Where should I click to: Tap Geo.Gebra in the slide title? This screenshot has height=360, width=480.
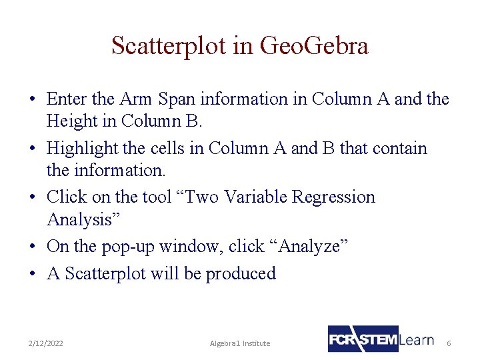[313, 46]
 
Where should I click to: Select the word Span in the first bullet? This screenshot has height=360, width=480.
[179, 99]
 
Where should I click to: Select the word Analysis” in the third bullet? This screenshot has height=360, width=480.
[79, 219]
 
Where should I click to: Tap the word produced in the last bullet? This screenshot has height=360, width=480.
[241, 273]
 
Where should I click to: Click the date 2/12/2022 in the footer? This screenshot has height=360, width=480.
[46, 343]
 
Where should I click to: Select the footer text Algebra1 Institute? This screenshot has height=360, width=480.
[240, 343]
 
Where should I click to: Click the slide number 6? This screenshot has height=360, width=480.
[449, 343]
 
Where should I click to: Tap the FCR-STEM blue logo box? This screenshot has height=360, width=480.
[363, 339]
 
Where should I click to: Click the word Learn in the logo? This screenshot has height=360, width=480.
[417, 339]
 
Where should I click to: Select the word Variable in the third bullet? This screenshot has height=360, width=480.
[257, 197]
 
